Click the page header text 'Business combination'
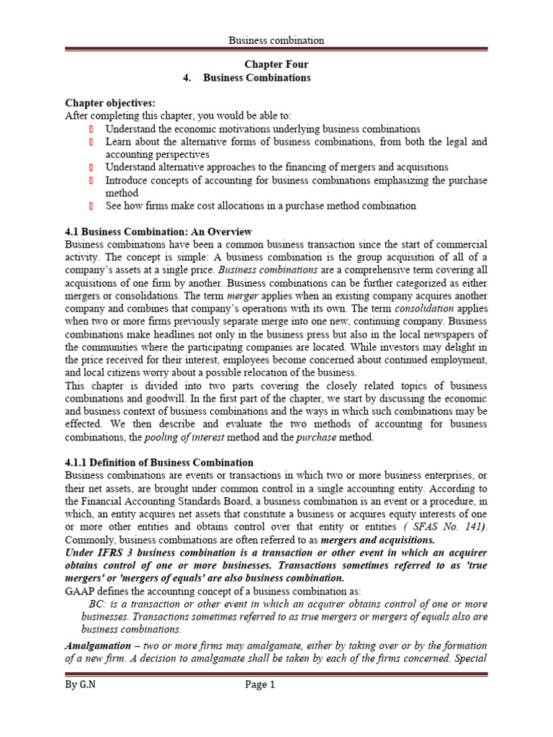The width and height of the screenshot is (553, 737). (276, 40)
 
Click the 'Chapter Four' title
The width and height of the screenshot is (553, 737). (276, 65)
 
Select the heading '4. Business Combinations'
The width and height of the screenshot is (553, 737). (247, 78)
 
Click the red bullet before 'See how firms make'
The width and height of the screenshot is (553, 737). (91, 207)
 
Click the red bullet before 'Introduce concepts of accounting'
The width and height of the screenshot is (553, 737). (91, 181)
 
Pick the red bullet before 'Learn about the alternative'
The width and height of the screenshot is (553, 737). (91, 142)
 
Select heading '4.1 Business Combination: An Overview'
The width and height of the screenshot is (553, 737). (158, 232)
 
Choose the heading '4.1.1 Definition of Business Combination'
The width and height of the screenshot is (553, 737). (159, 463)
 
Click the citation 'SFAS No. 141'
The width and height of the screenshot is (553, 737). (451, 528)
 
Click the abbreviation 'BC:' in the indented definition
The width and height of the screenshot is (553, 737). (96, 605)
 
